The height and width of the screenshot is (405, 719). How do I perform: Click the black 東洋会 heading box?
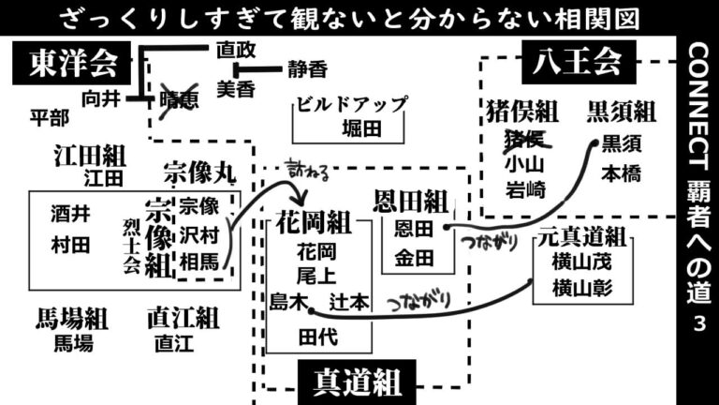click(x=71, y=63)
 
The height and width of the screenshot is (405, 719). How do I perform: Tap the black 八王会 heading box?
click(x=579, y=62)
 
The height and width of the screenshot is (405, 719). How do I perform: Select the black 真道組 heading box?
click(x=358, y=382)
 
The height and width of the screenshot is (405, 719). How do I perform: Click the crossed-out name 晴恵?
click(x=179, y=100)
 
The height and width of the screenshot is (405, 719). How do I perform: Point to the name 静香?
click(x=308, y=69)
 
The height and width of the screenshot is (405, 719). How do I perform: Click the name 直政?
click(x=236, y=50)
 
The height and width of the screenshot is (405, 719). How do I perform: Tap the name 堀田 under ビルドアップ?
click(x=361, y=128)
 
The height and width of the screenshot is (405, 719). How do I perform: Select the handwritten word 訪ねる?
click(x=308, y=171)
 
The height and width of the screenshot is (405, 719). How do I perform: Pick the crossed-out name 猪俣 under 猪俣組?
click(x=525, y=140)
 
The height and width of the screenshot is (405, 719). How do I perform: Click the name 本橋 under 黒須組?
click(x=622, y=174)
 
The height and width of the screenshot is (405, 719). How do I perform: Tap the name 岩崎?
click(x=526, y=189)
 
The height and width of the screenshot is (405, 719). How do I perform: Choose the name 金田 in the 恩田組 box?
click(x=414, y=258)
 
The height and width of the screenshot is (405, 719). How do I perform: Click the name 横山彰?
click(x=582, y=289)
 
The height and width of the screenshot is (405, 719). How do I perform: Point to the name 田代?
click(x=318, y=337)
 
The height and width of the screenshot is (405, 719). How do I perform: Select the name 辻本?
click(x=349, y=302)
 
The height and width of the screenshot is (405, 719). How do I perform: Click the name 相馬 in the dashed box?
click(x=199, y=262)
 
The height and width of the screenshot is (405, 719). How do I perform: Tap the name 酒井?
click(x=70, y=214)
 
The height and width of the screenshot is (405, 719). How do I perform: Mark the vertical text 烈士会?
click(x=131, y=247)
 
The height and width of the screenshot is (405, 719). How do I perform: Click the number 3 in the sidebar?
click(x=699, y=323)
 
